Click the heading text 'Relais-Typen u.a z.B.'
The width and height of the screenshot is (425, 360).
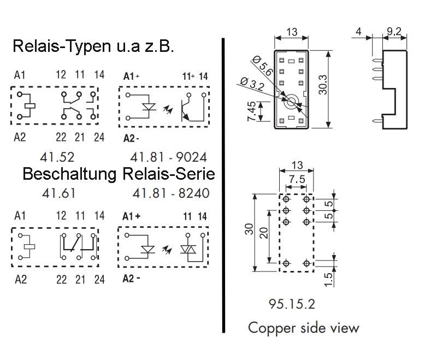click(x=93, y=47)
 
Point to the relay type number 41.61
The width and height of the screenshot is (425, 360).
click(x=60, y=193)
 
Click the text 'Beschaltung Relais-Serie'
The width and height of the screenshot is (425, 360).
click(x=119, y=175)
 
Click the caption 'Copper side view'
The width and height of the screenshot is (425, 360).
click(x=304, y=328)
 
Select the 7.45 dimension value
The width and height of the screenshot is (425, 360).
click(x=252, y=112)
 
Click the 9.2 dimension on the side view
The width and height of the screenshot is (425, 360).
click(x=394, y=32)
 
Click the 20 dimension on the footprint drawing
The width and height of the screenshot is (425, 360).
click(x=264, y=233)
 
